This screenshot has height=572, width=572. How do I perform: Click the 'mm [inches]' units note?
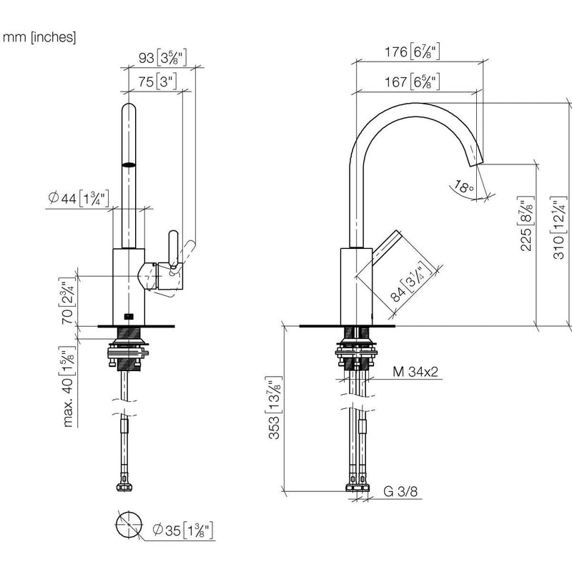pyautogui.click(x=39, y=37)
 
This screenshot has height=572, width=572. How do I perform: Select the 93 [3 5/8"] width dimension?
pyautogui.click(x=163, y=58)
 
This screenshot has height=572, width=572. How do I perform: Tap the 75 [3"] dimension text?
pyautogui.click(x=157, y=82)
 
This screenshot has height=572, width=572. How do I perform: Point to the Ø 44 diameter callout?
pyautogui.click(x=79, y=199)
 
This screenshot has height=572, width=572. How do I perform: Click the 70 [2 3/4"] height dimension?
pyautogui.click(x=68, y=301)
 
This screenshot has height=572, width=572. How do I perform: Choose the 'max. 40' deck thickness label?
pyautogui.click(x=68, y=387)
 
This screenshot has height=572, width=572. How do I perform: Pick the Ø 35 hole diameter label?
pyautogui.click(x=183, y=530)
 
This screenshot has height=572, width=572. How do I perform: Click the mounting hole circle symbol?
pyautogui.click(x=129, y=525)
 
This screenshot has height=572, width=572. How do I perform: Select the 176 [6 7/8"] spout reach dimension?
pyautogui.click(x=413, y=51)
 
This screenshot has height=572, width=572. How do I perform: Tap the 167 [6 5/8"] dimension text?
pyautogui.click(x=413, y=82)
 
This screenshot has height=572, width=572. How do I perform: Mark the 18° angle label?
pyautogui.click(x=465, y=187)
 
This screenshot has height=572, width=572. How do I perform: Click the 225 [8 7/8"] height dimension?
pyautogui.click(x=526, y=224)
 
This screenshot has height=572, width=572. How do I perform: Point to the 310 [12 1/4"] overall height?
pyautogui.click(x=558, y=228)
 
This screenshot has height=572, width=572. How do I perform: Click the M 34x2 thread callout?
pyautogui.click(x=415, y=372)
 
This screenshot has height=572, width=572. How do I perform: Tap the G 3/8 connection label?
pyautogui.click(x=400, y=491)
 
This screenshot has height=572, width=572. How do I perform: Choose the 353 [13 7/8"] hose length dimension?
pyautogui.click(x=275, y=408)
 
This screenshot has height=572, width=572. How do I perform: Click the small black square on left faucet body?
pyautogui.click(x=128, y=316)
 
